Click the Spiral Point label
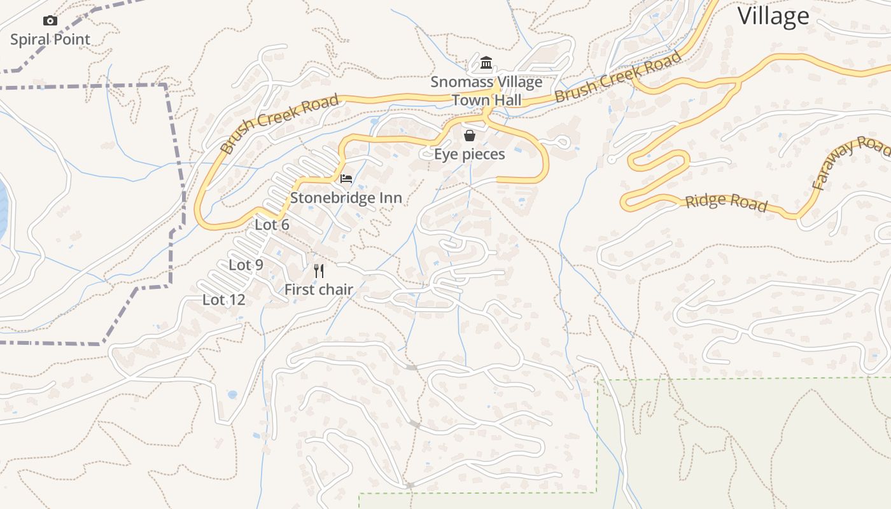[x=50, y=39]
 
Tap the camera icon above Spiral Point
[x=50, y=21]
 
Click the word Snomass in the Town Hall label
[x=453, y=82]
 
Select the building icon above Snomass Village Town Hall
[x=487, y=63]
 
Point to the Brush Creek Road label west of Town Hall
[x=279, y=125]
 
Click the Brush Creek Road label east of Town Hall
[x=617, y=78]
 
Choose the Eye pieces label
[x=470, y=154]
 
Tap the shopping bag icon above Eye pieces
[x=470, y=135]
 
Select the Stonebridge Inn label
[x=346, y=198]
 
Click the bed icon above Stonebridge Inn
[x=346, y=178]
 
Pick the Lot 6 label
[x=272, y=225]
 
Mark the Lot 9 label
[x=246, y=265]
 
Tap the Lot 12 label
[x=223, y=300]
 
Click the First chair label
[x=318, y=289]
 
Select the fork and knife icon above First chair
[x=319, y=271]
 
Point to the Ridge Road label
[x=726, y=202]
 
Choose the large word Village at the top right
[x=773, y=16]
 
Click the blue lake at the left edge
[x=2, y=210]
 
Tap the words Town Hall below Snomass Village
[x=487, y=100]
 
